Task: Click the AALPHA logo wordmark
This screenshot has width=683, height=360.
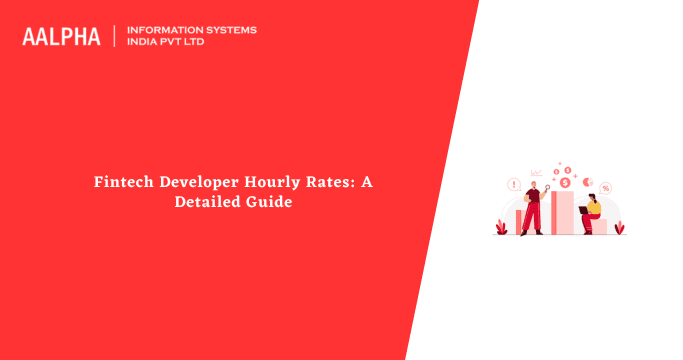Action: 61,36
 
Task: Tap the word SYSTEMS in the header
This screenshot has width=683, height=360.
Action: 229,30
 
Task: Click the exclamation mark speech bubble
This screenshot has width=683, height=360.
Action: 514,185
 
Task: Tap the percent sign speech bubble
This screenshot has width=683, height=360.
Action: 607,188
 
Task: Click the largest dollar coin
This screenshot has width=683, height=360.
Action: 565,182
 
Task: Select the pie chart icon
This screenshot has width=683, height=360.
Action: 588,181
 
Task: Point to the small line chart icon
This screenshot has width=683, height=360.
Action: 537,173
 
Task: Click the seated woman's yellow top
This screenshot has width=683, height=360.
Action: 594,208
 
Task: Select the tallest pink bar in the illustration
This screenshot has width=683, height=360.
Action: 562,212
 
